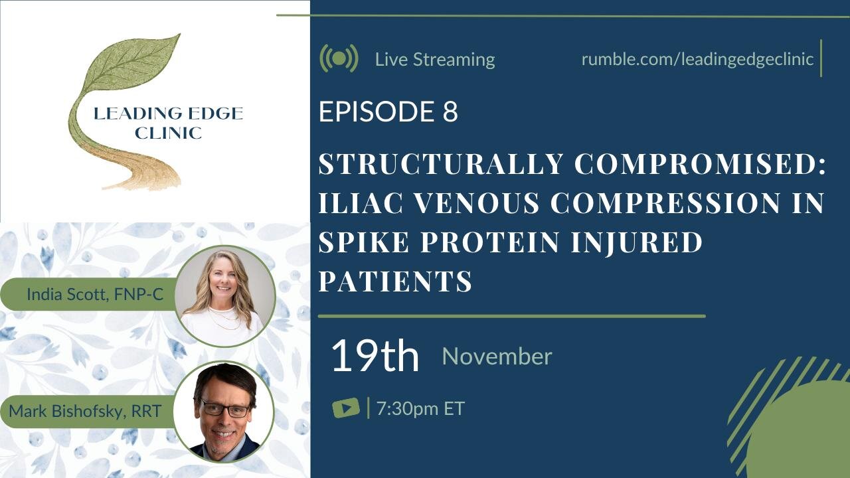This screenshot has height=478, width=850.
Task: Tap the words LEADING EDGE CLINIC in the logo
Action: tap(168, 123)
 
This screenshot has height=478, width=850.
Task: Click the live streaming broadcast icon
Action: tap(339, 58)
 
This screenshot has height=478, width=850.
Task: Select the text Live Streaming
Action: tap(435, 59)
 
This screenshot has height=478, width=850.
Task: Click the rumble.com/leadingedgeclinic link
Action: tap(697, 58)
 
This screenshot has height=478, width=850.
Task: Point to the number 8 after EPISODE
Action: tap(450, 112)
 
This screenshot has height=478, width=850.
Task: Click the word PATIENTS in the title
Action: tap(395, 281)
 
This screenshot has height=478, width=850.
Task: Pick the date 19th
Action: tap(375, 356)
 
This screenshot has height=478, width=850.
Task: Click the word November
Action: tap(497, 357)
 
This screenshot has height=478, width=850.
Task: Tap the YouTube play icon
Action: tap(346, 408)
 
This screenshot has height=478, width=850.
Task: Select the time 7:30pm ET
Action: tap(420, 408)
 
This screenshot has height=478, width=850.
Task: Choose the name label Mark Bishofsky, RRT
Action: tap(85, 411)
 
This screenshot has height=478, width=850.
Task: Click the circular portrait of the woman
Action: tap(225, 296)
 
